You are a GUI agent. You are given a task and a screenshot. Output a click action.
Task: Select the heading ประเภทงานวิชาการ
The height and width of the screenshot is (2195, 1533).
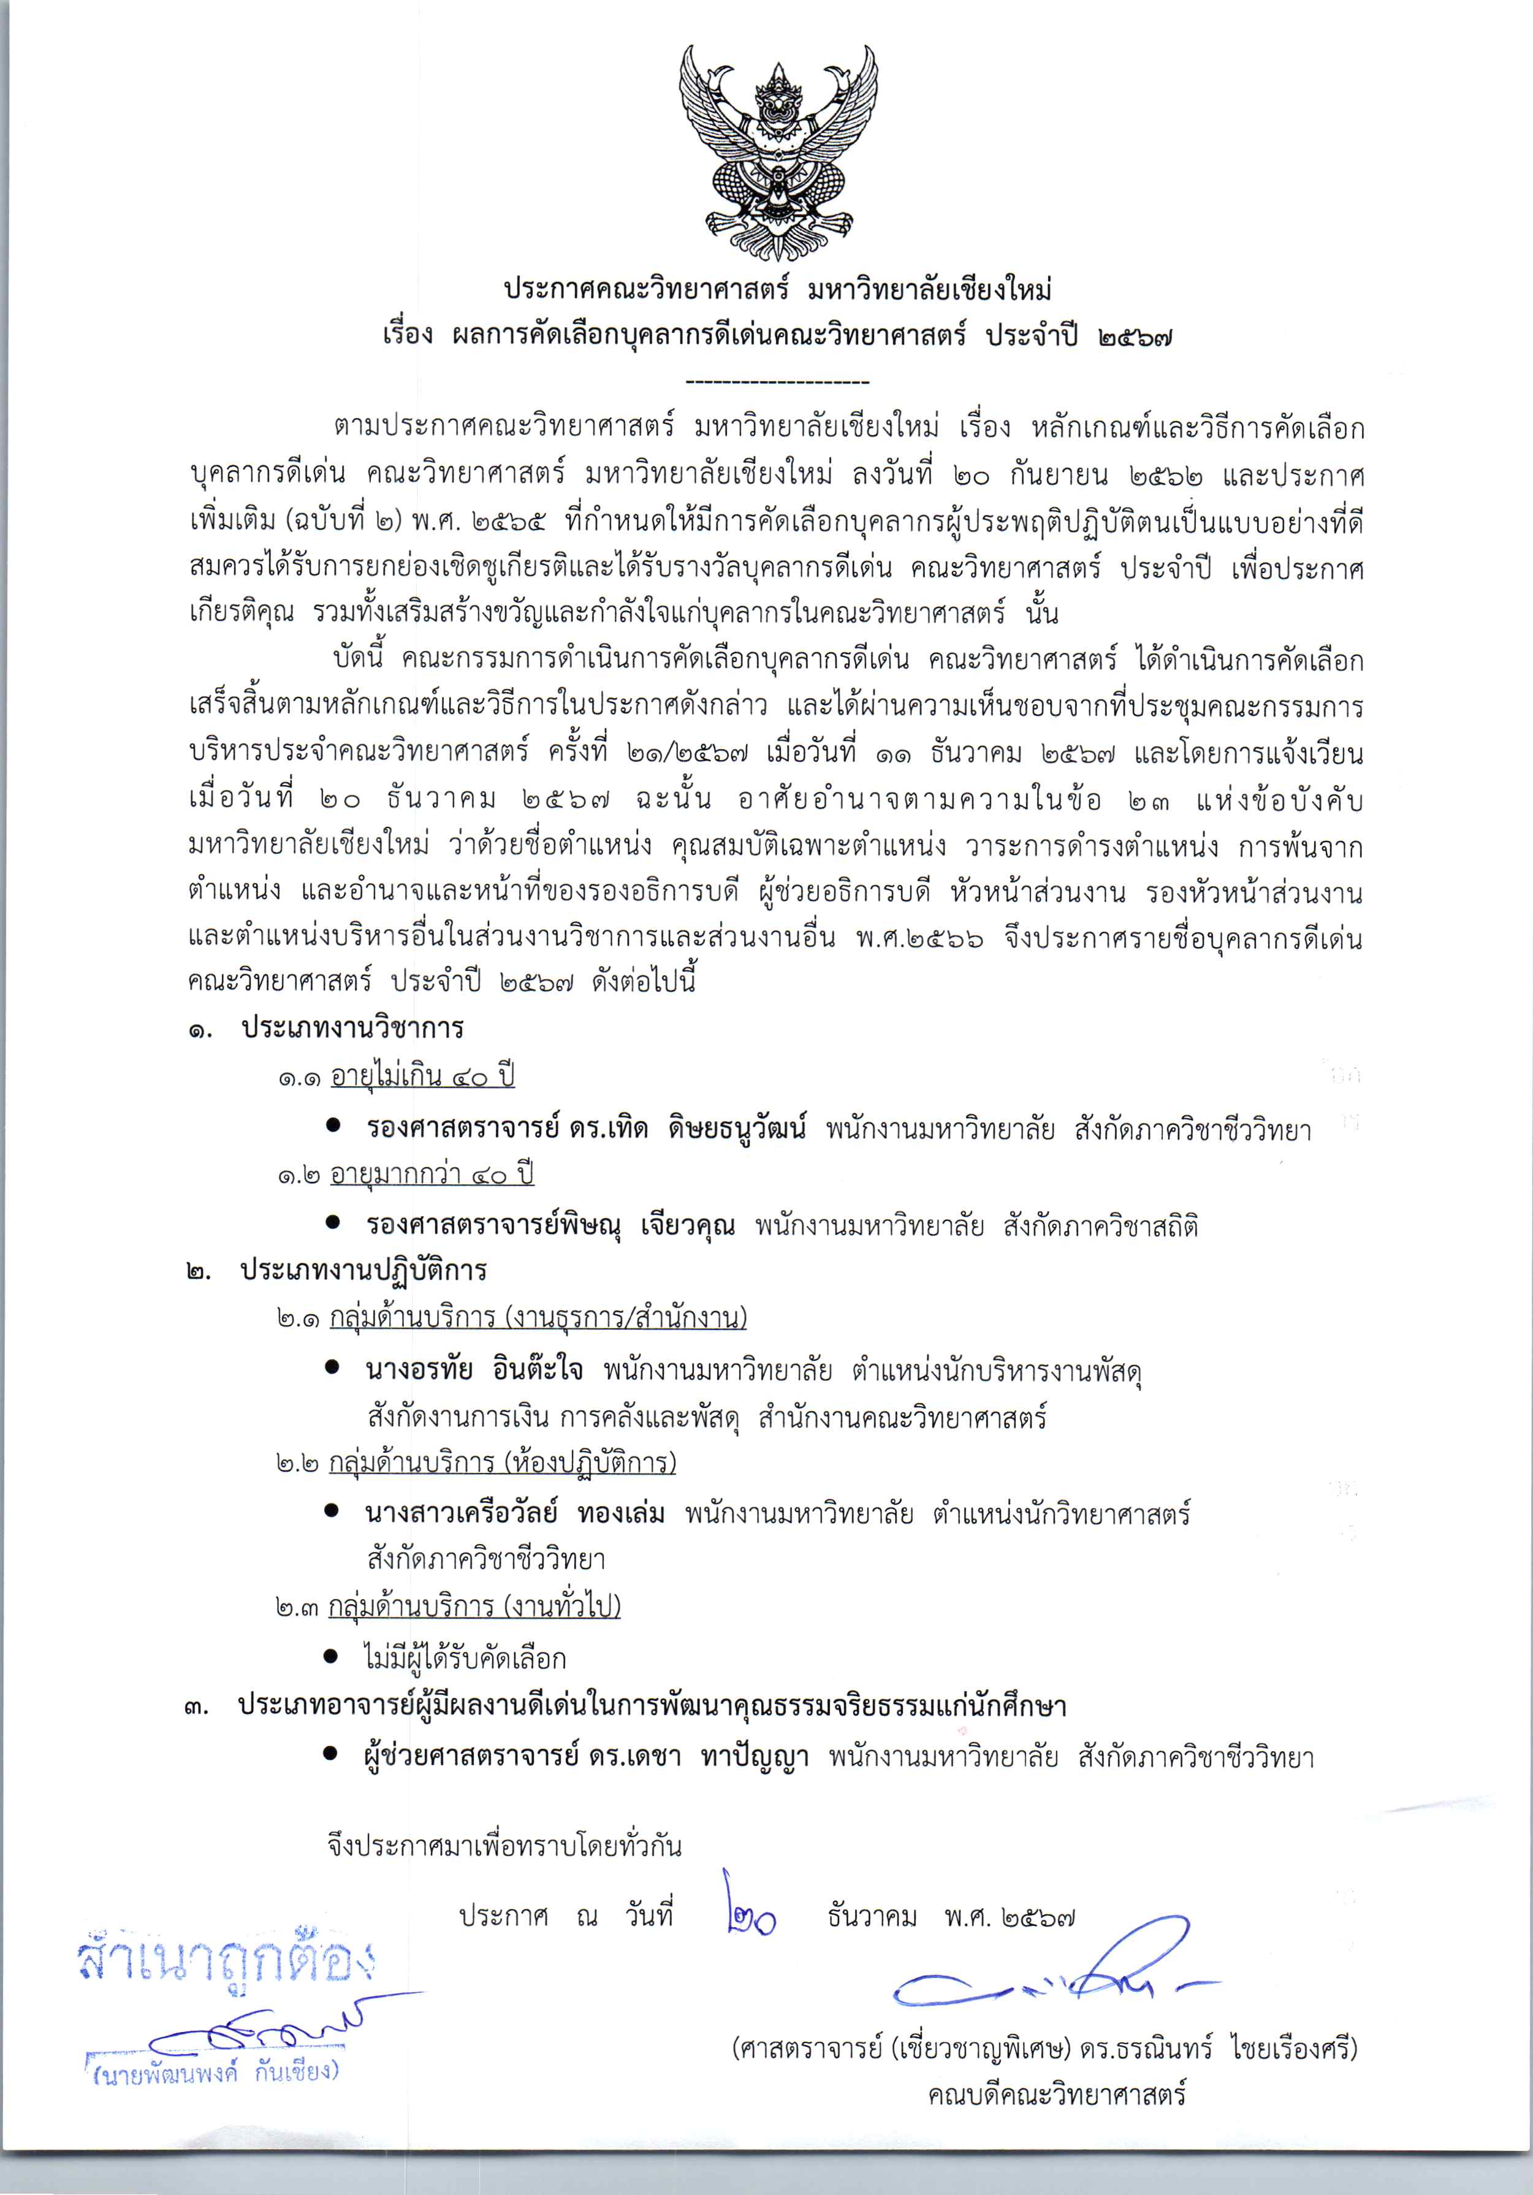click(x=352, y=1029)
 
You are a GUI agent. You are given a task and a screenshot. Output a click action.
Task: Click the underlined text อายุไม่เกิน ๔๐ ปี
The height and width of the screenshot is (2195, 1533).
click(x=422, y=1076)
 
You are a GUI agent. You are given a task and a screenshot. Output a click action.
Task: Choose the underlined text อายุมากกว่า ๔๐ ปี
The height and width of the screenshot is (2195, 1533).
click(x=432, y=1174)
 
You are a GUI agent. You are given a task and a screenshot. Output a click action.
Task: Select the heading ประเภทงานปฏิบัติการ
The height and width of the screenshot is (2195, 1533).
click(x=363, y=1271)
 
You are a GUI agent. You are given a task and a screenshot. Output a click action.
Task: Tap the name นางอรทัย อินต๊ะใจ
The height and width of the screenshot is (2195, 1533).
click(x=474, y=1370)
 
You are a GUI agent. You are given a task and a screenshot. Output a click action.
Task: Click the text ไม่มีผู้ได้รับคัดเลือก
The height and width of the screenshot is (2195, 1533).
click(x=465, y=1657)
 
